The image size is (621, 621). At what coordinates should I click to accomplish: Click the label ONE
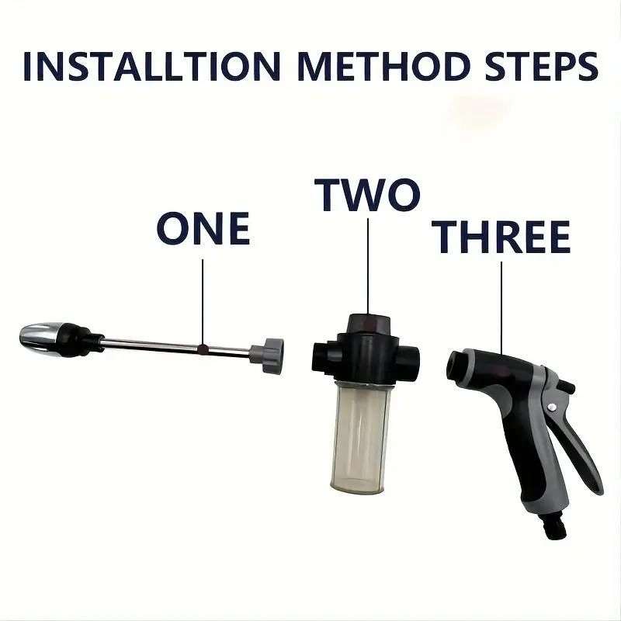coord(203,228)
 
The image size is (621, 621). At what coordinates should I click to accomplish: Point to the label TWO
coord(367,195)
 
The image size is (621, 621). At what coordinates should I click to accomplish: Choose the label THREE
coord(501,238)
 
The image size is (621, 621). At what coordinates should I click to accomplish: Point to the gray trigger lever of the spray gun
coord(578,442)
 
